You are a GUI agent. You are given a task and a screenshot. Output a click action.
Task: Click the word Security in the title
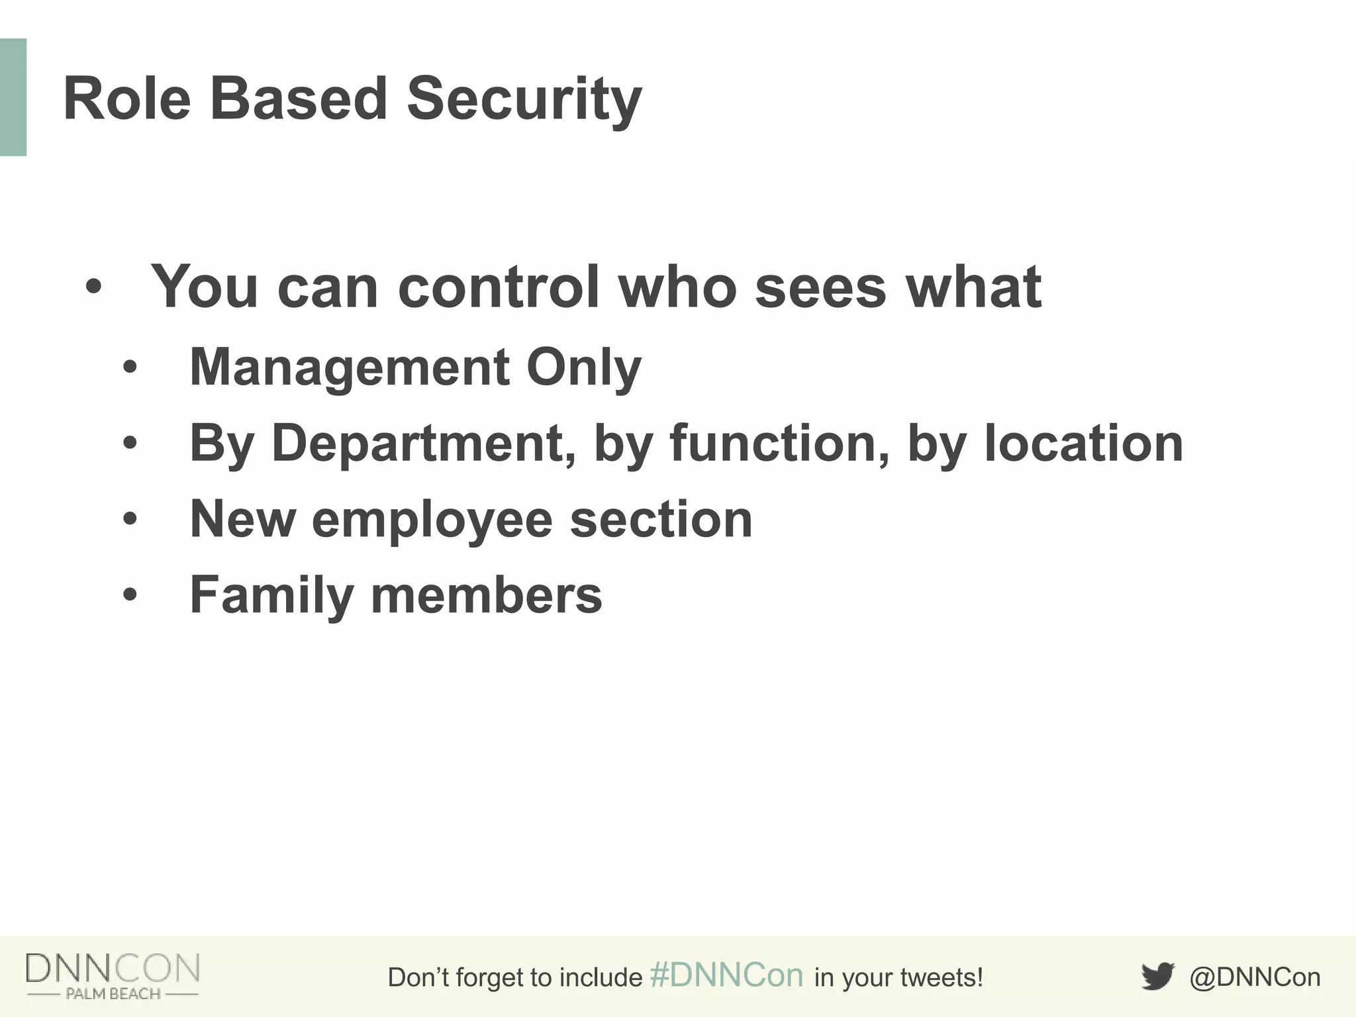point(524,99)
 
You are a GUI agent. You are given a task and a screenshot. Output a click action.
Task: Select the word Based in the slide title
point(298,99)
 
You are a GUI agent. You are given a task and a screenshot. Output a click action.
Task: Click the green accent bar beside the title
point(13,97)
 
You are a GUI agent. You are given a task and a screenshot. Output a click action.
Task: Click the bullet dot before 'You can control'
point(94,287)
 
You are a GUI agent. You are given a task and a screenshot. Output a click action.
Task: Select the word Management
point(350,367)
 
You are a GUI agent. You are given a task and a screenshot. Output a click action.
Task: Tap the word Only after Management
point(583,367)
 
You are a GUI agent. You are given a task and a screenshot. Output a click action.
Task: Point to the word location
point(1083,443)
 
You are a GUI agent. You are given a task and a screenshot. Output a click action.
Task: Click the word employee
point(432,520)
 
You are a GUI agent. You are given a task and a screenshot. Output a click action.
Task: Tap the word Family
point(271,595)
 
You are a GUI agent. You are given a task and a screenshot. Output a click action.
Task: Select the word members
point(486,595)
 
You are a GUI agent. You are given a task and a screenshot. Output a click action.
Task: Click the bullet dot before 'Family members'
point(130,595)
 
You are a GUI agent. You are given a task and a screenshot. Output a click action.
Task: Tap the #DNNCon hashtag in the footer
point(726,976)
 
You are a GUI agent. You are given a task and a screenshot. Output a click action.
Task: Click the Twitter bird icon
point(1157,977)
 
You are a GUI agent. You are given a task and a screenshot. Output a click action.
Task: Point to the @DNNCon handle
point(1255,977)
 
